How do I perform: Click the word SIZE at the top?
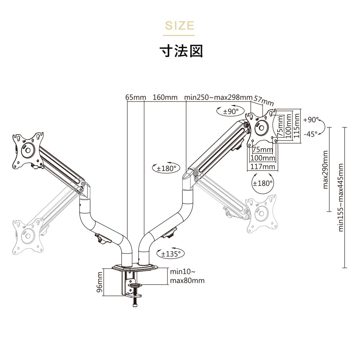[x=179, y=26]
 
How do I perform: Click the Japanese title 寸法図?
[x=181, y=51]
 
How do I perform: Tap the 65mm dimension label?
[x=135, y=98]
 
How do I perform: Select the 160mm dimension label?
[x=165, y=98]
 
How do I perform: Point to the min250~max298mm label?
[x=218, y=98]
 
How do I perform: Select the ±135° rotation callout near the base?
[x=171, y=254]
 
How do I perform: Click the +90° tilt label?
[x=311, y=120]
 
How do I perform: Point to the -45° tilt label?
[x=311, y=134]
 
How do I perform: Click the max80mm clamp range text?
[x=187, y=280]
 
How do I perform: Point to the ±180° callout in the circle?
[x=262, y=184]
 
